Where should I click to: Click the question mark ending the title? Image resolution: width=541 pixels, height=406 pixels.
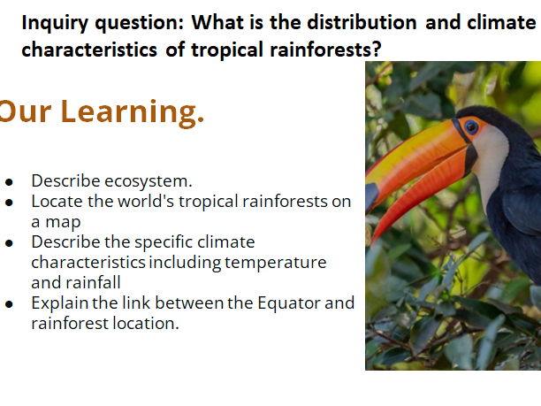click(x=377, y=50)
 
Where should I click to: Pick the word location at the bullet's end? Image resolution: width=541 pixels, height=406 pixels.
click(x=149, y=324)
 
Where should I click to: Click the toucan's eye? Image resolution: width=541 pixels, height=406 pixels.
click(x=470, y=126)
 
